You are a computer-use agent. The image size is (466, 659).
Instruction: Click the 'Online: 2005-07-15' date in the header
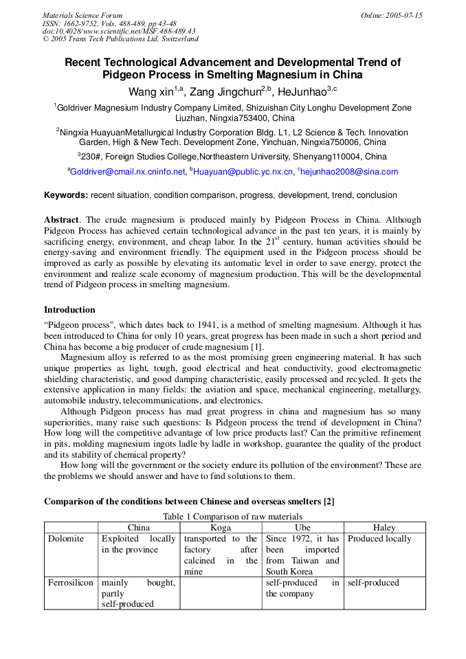coord(391,15)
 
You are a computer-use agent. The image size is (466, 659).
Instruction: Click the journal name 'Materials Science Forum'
coord(82,15)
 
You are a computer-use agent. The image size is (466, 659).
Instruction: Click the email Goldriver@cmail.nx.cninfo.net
coord(129,172)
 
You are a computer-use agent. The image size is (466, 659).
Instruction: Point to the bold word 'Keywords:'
coord(66,195)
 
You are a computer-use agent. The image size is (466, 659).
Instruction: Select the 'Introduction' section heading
coord(69,310)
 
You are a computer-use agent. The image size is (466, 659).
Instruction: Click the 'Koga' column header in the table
coord(221,528)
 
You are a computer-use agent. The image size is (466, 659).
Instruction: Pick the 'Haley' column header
coord(384,528)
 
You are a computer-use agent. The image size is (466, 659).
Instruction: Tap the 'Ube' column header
coord(302,528)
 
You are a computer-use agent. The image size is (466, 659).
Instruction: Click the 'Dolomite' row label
coord(66,539)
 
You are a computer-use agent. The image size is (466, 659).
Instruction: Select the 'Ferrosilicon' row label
coord(71,583)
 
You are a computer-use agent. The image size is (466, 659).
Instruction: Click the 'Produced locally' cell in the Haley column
coord(379,539)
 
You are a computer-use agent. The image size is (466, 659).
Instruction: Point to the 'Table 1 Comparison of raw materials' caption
coord(232,517)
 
